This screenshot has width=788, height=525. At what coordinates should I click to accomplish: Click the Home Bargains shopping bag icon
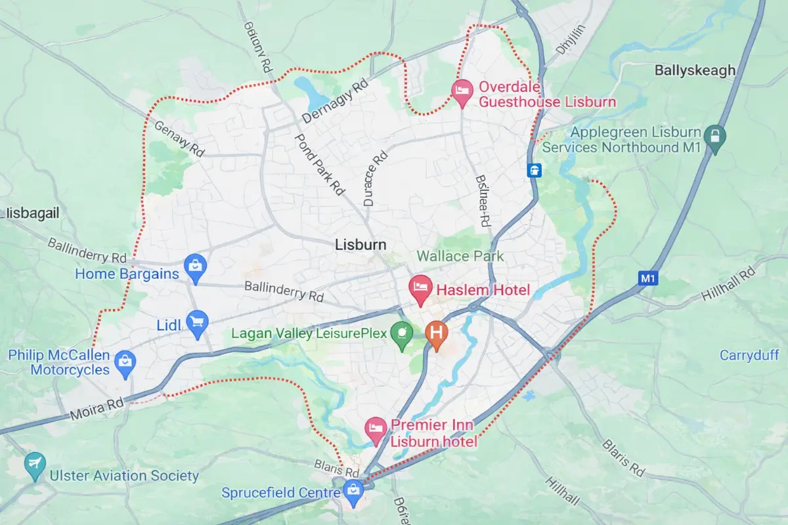pos(195,266)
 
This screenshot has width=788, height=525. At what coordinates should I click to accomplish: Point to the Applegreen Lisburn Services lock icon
pos(714,137)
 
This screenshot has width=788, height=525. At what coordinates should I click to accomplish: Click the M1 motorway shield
pos(648,278)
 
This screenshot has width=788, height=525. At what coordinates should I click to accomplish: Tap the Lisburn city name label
pos(361,245)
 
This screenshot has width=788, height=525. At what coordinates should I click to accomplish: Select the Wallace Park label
pos(460,256)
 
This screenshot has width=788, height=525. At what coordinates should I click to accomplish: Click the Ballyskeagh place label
pos(695,70)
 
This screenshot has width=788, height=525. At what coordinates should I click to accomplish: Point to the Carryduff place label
pos(749,355)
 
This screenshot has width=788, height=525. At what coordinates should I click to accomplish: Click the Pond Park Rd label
pos(320,164)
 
